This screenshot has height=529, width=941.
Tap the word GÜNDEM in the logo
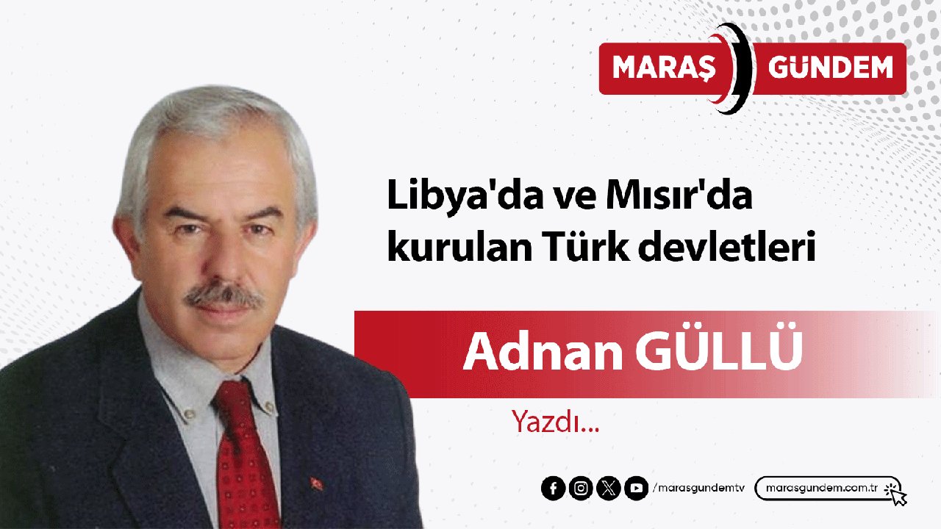pyautogui.click(x=830, y=68)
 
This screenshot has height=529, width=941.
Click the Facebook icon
pyautogui.click(x=553, y=489)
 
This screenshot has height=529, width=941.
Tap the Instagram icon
pyautogui.click(x=581, y=489)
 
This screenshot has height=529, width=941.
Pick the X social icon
pyautogui.click(x=609, y=489)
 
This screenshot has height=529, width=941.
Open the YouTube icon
pyautogui.click(x=636, y=489)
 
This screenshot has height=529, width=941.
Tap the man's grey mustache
pyautogui.click(x=223, y=295)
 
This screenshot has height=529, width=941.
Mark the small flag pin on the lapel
pyautogui.click(x=318, y=483)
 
